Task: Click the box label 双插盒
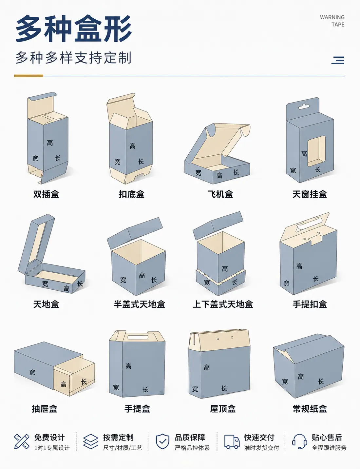pos(46,194)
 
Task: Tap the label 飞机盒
pos(220,194)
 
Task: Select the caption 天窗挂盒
pos(310,194)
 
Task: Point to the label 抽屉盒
pos(45,409)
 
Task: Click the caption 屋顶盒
pos(223,409)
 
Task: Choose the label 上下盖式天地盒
pos(223,304)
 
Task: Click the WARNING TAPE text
pos(332,21)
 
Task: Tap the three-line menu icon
pos(338,60)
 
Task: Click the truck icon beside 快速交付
pos(232,441)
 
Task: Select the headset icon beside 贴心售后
pos(300,441)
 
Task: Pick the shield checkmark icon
pos(162,441)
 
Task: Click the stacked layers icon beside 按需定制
pos(91,441)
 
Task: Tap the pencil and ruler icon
pos(22,441)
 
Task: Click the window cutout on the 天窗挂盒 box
pos(316,151)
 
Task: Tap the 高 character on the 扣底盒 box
pos(133,146)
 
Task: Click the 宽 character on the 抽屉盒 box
pos(32,372)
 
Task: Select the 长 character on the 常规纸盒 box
pos(321,381)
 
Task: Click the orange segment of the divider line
pos(28,76)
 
